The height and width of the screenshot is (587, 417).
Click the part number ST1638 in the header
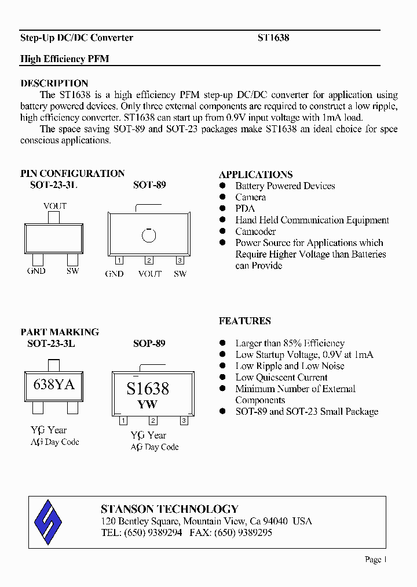point(273,38)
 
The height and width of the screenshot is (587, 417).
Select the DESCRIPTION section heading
point(54,83)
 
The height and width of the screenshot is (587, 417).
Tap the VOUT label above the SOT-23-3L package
point(55,206)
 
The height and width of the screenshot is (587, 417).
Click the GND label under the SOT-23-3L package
point(36,271)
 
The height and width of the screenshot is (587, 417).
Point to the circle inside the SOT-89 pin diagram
point(149,235)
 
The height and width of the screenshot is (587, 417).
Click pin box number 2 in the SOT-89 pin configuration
point(149,260)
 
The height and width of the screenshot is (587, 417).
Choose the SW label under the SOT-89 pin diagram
point(180,273)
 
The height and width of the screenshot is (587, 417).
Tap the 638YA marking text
point(54,385)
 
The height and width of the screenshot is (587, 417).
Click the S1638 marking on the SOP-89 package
point(148,388)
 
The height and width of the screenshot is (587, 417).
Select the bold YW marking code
point(148,404)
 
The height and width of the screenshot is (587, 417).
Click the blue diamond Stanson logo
point(48,521)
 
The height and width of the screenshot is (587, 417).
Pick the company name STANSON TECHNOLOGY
point(170,509)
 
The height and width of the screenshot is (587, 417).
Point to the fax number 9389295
point(252,532)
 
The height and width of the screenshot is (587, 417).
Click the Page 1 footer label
point(375,559)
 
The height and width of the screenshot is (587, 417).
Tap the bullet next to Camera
point(222,197)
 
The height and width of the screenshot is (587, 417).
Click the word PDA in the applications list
point(245,209)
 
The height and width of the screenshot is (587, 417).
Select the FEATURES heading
point(245,321)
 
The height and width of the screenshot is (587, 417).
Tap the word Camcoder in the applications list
point(255,231)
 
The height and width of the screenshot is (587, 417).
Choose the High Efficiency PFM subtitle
point(65,59)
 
